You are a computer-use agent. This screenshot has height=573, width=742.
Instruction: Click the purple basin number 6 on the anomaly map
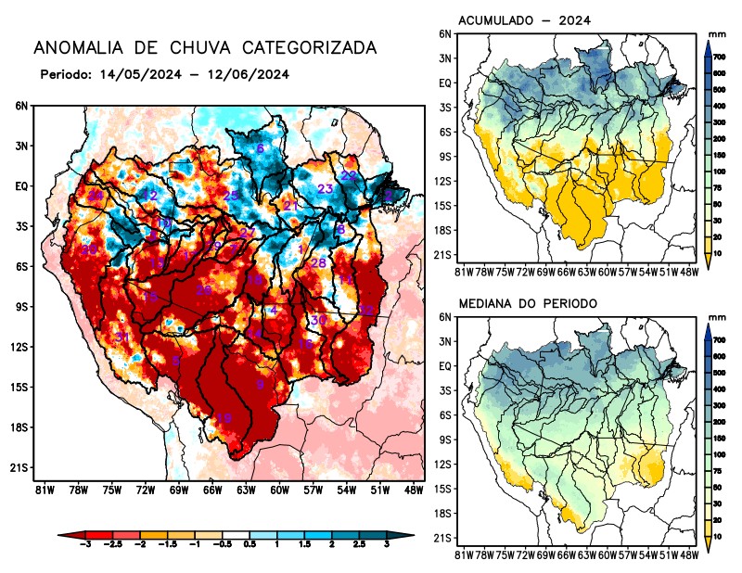point(260,148)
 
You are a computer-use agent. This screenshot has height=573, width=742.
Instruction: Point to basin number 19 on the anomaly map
point(224,418)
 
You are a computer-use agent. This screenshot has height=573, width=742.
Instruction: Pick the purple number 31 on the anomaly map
point(122,337)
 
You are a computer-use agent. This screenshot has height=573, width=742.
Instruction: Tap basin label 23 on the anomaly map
point(326,189)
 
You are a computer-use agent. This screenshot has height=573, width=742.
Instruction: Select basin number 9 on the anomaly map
point(260,384)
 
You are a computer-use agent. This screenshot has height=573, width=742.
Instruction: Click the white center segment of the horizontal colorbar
point(233,537)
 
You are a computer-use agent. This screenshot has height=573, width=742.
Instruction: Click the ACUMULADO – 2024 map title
point(525,19)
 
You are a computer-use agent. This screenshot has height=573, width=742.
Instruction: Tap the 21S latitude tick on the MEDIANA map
point(443,538)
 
